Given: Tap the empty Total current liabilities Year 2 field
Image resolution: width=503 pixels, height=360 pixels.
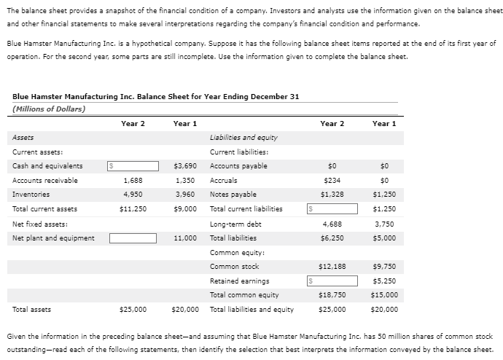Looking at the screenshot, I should coord(332,209).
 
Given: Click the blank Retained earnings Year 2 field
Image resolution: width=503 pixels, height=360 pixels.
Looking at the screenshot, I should coord(332,281).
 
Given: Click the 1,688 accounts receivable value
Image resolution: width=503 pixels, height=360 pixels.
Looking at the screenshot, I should coord(133,180).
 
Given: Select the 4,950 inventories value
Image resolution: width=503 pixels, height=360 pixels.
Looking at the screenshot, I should coord(133,195).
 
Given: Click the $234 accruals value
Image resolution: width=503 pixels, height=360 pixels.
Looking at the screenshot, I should coord(335,180).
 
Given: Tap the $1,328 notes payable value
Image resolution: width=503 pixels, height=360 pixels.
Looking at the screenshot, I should coord(332,195).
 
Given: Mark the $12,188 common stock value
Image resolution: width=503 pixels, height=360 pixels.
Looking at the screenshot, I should coord(332,266).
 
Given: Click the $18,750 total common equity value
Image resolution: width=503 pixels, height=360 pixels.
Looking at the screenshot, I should coord(332,295).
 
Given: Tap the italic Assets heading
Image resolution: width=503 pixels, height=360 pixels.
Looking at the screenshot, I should coord(23,137).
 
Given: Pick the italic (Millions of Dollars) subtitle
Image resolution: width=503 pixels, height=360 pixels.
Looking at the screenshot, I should coord(49,109).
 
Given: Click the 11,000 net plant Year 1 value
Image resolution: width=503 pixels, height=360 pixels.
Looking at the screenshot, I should coord(186,238).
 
